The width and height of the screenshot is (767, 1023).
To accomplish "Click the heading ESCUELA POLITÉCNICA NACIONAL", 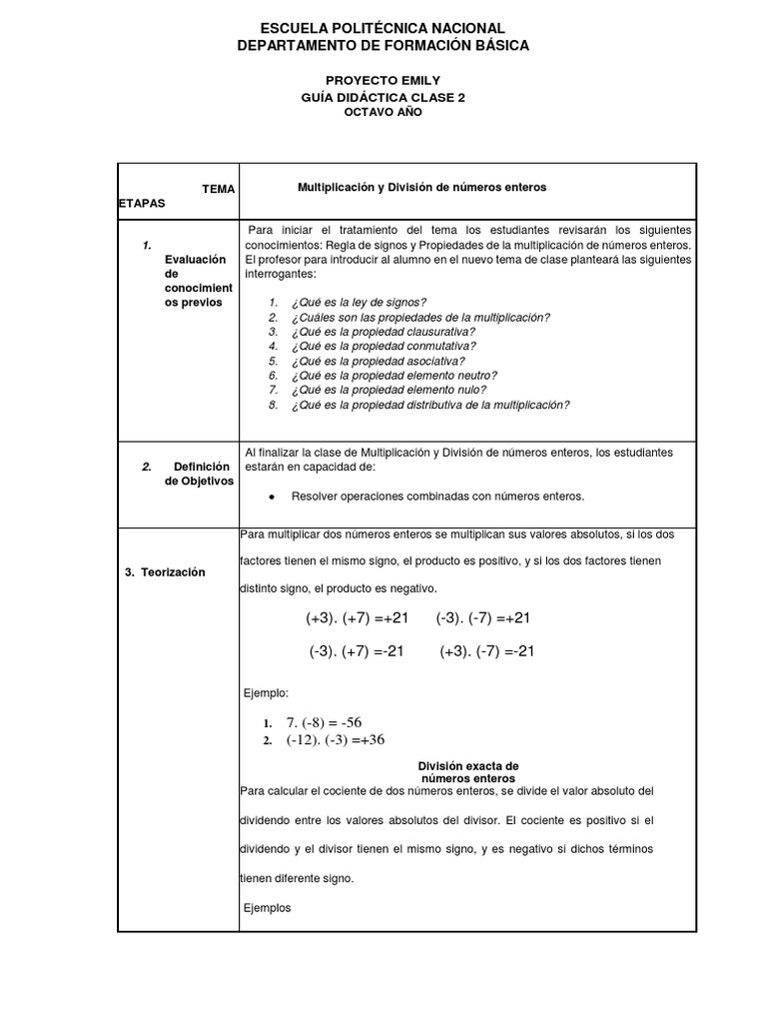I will (383, 28).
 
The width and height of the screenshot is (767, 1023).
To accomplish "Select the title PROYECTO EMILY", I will (383, 80).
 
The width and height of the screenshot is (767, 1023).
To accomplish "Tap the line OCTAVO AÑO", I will (383, 113).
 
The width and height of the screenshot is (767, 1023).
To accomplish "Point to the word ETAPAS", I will (141, 202).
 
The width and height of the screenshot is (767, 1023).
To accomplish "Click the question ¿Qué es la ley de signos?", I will (359, 302).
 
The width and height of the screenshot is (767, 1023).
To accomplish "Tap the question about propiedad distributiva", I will (429, 405).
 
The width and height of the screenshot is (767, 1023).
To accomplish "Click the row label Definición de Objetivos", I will (198, 474).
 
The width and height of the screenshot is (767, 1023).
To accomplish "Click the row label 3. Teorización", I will (164, 572).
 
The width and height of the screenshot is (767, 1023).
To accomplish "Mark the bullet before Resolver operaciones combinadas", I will (273, 497).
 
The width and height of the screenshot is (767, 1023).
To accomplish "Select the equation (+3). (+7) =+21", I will (358, 619).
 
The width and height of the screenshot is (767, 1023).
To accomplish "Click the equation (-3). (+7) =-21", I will (357, 651).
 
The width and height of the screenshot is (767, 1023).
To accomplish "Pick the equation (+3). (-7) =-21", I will (487, 651).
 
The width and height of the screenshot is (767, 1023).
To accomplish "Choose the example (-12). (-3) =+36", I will (335, 740).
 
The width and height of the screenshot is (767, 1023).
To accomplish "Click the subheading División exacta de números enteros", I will (467, 771).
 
